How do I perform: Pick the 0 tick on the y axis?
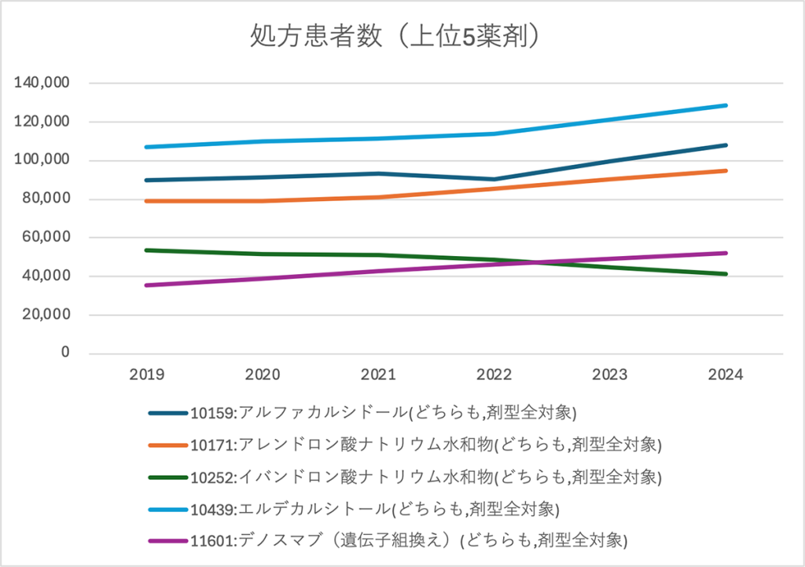click(66, 353)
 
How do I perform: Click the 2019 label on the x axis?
click(146, 375)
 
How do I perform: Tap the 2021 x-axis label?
click(378, 375)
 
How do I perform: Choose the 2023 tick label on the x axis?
click(610, 375)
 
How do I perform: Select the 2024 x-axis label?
click(726, 375)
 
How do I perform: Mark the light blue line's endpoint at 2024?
click(726, 105)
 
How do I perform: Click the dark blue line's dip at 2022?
click(494, 179)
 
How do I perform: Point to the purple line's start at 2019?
click(147, 285)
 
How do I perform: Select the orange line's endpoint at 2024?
click(726, 170)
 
